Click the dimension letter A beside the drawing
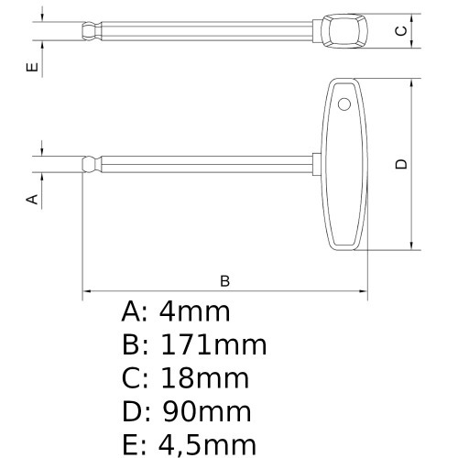pyautogui.click(x=31, y=198)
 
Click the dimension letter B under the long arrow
pyautogui.click(x=224, y=279)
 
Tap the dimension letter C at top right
pyautogui.click(x=399, y=31)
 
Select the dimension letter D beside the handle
pyautogui.click(x=399, y=164)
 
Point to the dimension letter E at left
pyautogui.click(x=31, y=68)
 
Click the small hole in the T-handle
pyautogui.click(x=343, y=103)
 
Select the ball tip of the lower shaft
pyautogui.click(x=88, y=166)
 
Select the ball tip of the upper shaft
pyautogui.click(x=88, y=34)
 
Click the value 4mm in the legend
pyautogui.click(x=194, y=312)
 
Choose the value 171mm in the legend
pyautogui.click(x=213, y=345)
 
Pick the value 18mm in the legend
pyautogui.click(x=203, y=378)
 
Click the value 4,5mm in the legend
pyautogui.click(x=207, y=444)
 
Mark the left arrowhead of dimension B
pyautogui.click(x=88, y=293)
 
